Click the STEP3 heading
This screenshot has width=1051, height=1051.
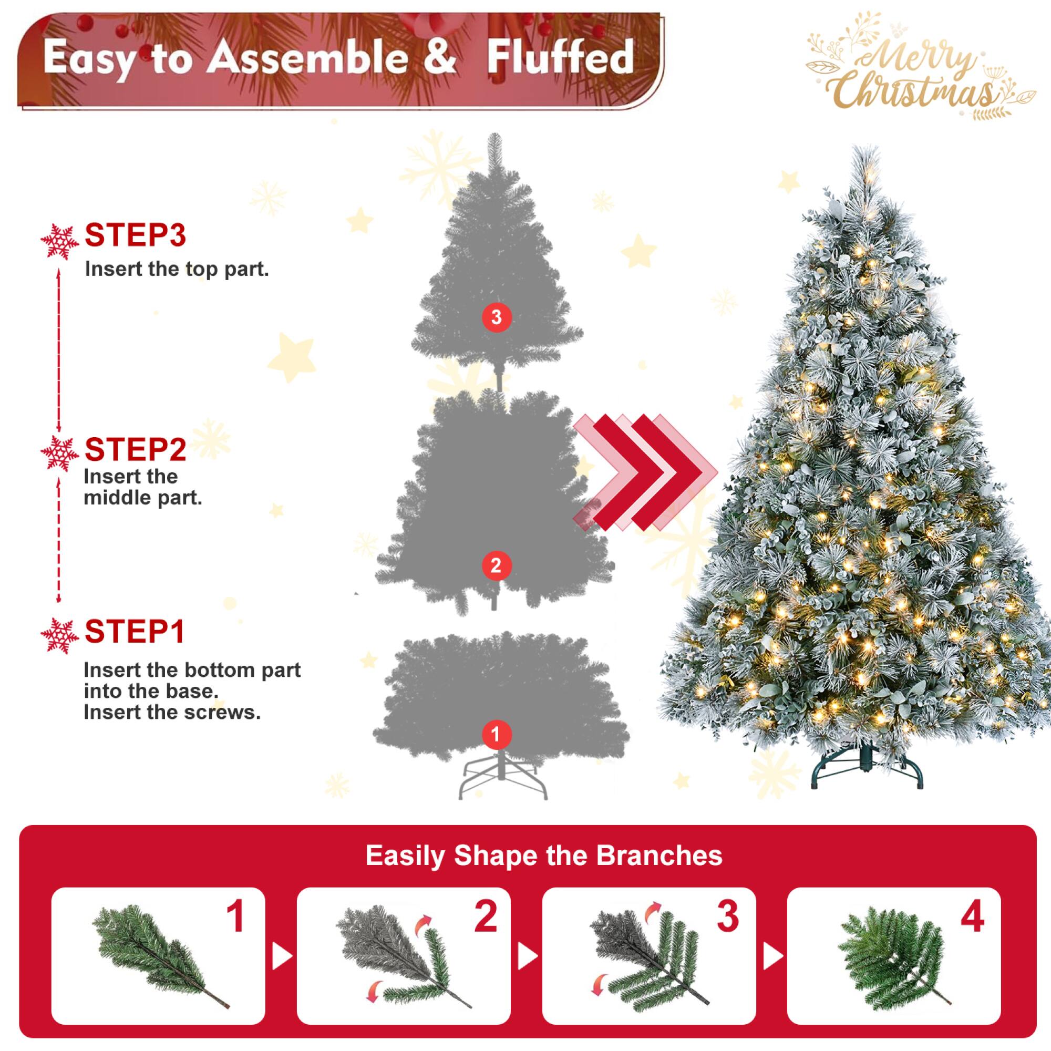135,235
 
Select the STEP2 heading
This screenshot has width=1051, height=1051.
135,449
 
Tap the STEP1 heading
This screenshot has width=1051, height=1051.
135,631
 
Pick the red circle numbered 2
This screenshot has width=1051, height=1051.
496,566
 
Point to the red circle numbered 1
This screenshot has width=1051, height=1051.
496,735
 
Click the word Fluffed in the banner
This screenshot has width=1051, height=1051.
560,57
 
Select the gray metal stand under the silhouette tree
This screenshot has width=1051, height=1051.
502,778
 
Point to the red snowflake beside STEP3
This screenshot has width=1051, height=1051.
57,242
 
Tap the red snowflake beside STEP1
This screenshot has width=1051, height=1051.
57,635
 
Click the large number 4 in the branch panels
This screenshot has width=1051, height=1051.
972,917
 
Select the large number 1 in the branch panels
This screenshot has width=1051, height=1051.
235,917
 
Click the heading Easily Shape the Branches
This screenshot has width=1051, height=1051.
543,856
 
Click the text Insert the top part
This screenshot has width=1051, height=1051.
177,269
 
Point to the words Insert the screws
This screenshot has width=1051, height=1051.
172,712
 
